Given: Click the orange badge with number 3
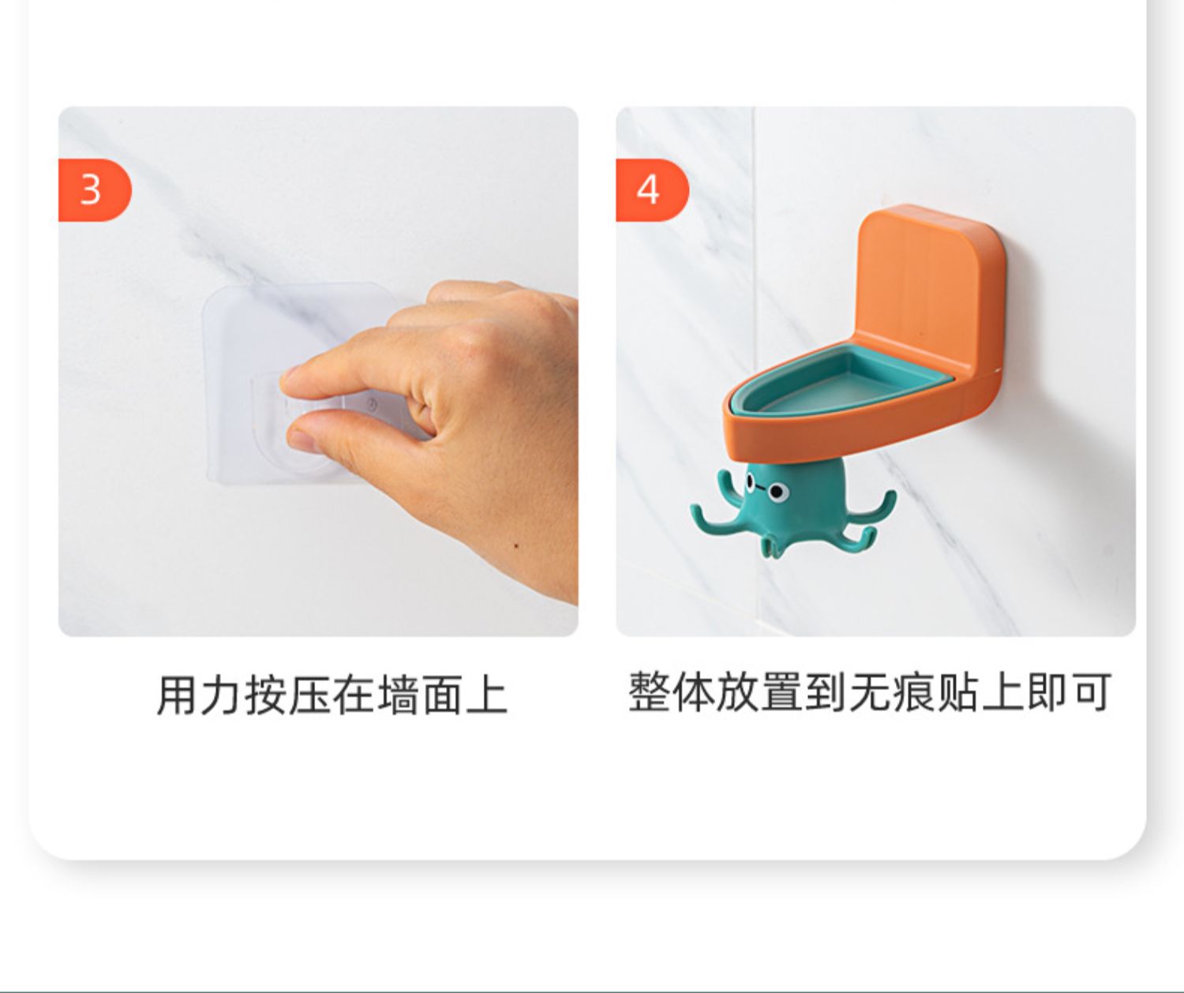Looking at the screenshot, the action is coord(95,190).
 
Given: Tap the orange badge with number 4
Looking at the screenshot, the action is coord(652,190).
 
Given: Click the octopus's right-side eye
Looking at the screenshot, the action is coord(779,493).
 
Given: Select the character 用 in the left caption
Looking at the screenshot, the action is coord(178,695).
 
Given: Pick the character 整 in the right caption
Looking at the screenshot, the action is coord(650,692).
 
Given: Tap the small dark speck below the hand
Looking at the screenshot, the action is coord(515,546).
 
